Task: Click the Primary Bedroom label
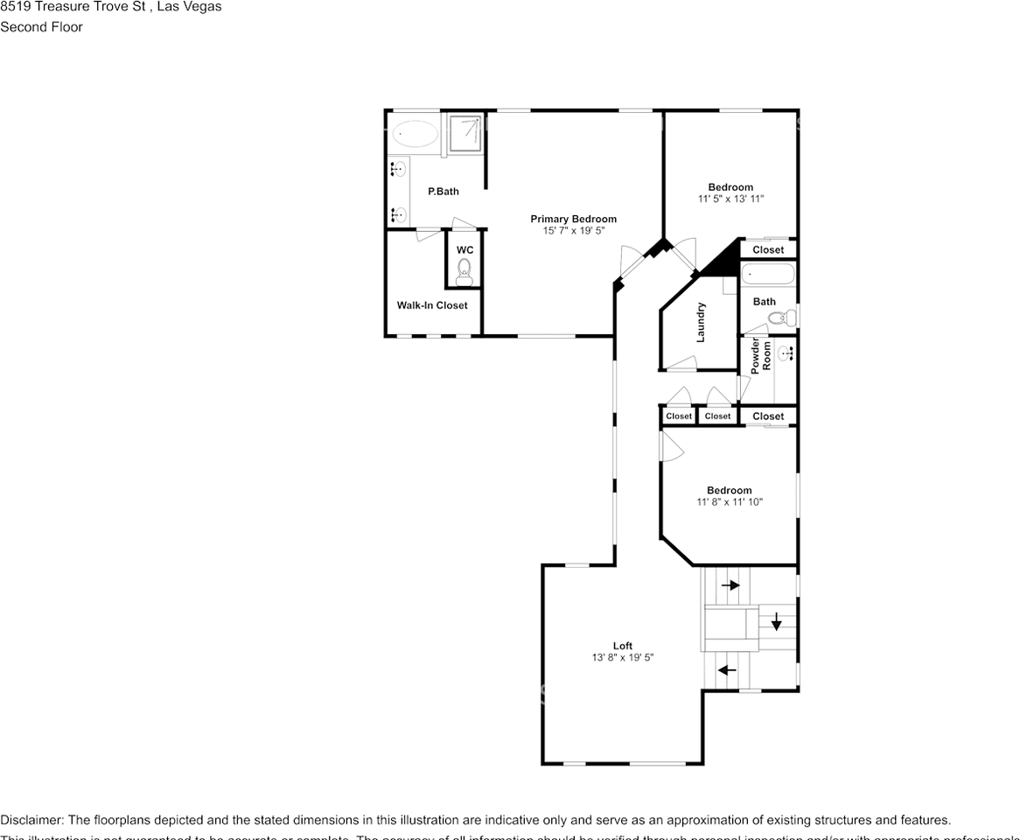tap(573, 219)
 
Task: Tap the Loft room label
tap(622, 646)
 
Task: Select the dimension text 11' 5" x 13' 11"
tap(730, 199)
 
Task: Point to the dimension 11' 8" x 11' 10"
tap(730, 502)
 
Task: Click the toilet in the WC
tap(465, 269)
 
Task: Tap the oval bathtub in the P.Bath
tap(415, 134)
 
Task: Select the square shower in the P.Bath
tap(465, 131)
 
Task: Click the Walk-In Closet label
tap(432, 305)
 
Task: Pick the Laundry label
tap(701, 322)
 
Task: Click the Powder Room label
tap(761, 355)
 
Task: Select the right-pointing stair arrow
tap(730, 584)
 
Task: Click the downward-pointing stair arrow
tap(775, 623)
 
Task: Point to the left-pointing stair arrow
tap(727, 670)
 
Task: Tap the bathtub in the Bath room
tap(768, 275)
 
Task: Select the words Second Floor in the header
tap(41, 27)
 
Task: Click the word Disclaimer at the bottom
tap(31, 820)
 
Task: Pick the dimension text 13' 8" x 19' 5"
tap(622, 658)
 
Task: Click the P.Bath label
tap(443, 191)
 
